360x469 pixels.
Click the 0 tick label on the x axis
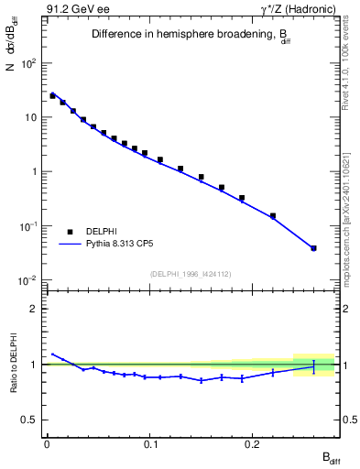[46, 443]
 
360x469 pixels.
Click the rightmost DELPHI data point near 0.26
[313, 248]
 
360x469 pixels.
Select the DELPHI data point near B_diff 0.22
[273, 216]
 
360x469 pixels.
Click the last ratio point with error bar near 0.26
[313, 365]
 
